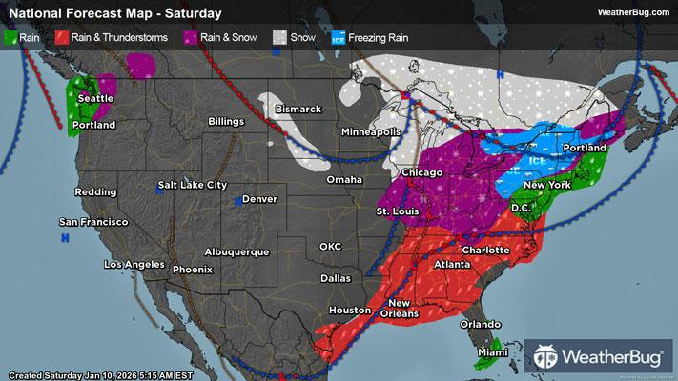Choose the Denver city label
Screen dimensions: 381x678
(x=259, y=199)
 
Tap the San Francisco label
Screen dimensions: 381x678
(x=92, y=222)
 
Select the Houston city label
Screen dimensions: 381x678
(x=348, y=311)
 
